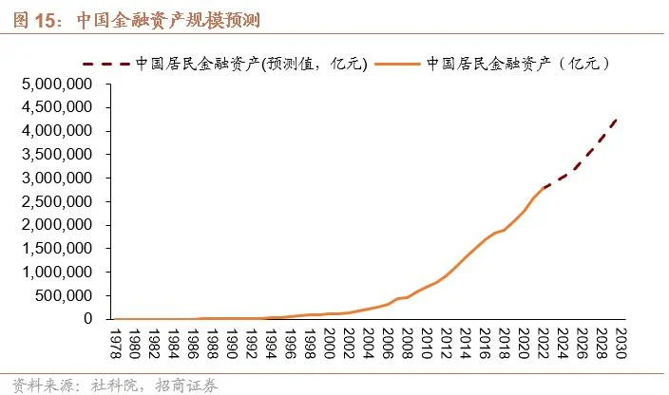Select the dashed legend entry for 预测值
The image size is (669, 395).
[x=247, y=64]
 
